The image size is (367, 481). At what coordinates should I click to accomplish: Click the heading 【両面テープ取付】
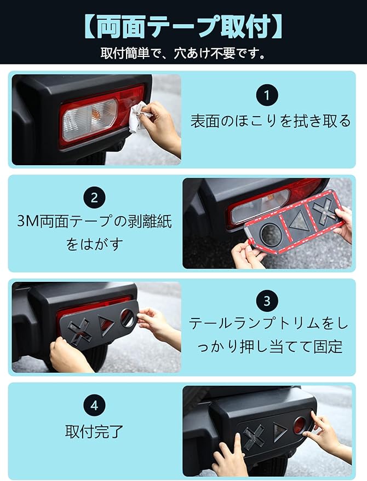coord(184,27)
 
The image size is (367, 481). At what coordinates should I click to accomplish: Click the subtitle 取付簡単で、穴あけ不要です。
coord(184,54)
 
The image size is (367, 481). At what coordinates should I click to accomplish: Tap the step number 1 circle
coord(267,95)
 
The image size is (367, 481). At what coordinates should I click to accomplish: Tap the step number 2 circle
coord(94,198)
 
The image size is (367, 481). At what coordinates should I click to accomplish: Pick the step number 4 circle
coord(94,405)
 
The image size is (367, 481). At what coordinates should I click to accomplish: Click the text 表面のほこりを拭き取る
coord(270,120)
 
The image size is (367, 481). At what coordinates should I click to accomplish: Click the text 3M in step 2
coord(28,221)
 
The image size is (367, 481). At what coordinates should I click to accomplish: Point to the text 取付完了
coord(94,432)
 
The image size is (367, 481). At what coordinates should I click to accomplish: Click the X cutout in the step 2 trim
coord(325,211)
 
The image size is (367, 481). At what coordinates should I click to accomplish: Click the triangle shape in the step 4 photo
coord(280,432)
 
